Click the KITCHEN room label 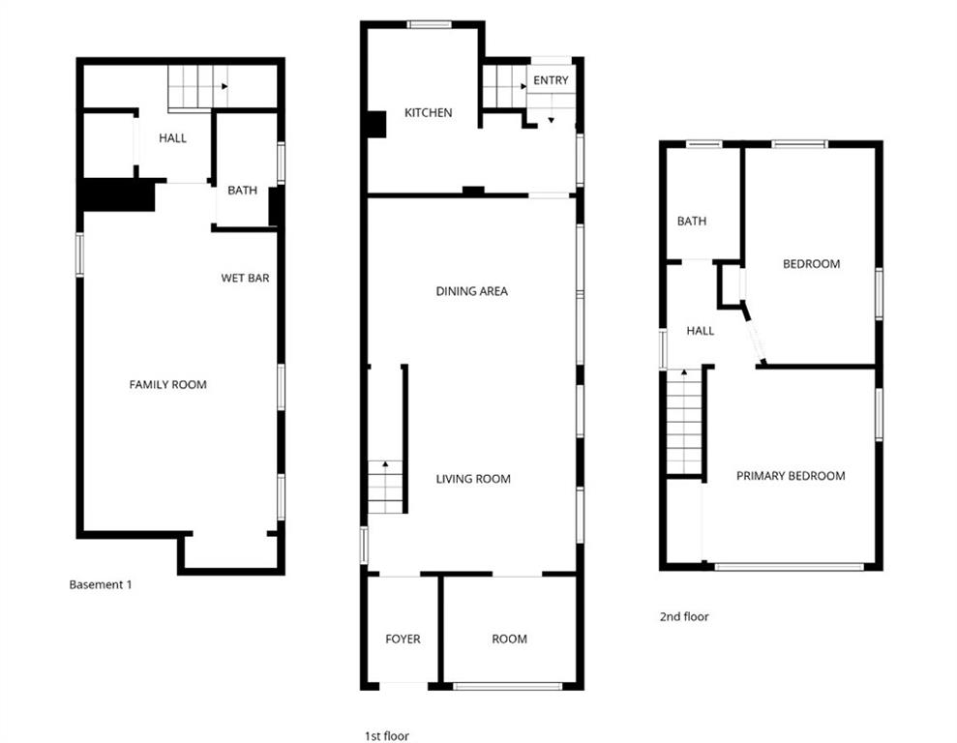[x=429, y=113]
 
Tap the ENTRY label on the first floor [x=551, y=80]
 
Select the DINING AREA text [x=472, y=291]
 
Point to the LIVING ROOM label [x=473, y=480]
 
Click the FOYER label [x=403, y=639]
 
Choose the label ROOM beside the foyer [x=510, y=639]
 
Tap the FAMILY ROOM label [x=167, y=385]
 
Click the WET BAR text [x=245, y=279]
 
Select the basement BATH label [x=242, y=191]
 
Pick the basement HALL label [x=172, y=138]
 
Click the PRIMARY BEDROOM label [x=791, y=476]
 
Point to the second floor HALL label [x=700, y=331]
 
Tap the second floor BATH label [x=692, y=222]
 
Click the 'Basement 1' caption [x=100, y=585]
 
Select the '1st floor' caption [x=387, y=736]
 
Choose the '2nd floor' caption [x=684, y=616]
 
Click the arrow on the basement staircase [x=224, y=87]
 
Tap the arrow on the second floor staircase [x=684, y=371]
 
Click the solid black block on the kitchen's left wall [x=376, y=125]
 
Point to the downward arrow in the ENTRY [x=552, y=120]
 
